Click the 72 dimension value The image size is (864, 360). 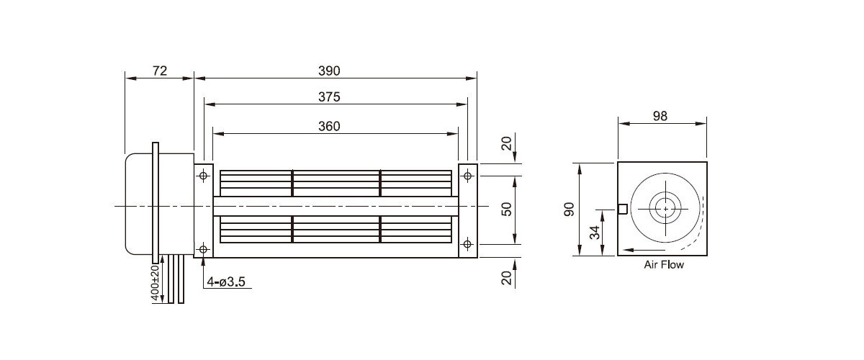click(x=160, y=71)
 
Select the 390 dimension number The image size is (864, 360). click(x=329, y=71)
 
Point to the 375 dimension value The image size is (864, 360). click(x=329, y=97)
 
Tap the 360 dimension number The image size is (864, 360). click(x=329, y=126)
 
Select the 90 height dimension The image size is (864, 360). click(x=568, y=210)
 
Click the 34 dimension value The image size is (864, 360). click(x=594, y=232)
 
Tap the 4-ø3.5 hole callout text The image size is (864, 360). click(x=226, y=282)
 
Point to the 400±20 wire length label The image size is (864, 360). click(x=155, y=282)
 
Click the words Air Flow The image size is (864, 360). click(x=663, y=265)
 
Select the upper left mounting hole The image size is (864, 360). click(x=204, y=175)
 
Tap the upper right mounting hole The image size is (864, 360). click(x=468, y=175)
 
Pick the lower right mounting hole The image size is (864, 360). click(x=468, y=244)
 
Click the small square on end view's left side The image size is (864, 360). click(x=623, y=209)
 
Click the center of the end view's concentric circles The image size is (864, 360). click(x=666, y=209)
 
